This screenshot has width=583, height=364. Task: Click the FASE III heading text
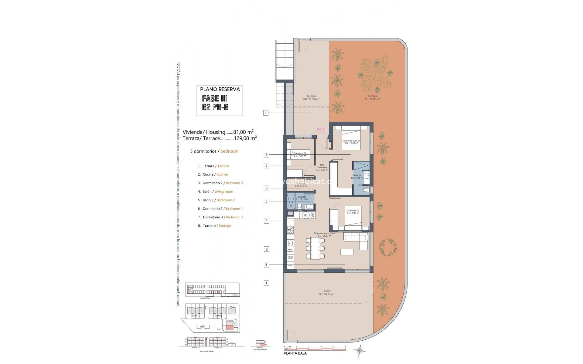[215, 98]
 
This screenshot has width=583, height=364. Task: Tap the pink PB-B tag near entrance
[321, 130]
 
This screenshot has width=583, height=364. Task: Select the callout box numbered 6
[266, 155]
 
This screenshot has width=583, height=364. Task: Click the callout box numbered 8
[266, 188]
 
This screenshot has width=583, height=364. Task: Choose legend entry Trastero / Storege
[217, 226]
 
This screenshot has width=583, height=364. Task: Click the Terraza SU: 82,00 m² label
[372, 98]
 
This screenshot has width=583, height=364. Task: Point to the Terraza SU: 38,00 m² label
[326, 293]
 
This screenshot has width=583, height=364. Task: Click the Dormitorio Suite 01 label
[351, 142]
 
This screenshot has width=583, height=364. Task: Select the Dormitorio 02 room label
[353, 212]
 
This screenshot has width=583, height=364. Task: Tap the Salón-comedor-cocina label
[324, 234]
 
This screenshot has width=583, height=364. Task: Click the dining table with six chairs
[315, 248]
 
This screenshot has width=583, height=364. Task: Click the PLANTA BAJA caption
[295, 353]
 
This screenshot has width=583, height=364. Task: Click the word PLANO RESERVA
[220, 89]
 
